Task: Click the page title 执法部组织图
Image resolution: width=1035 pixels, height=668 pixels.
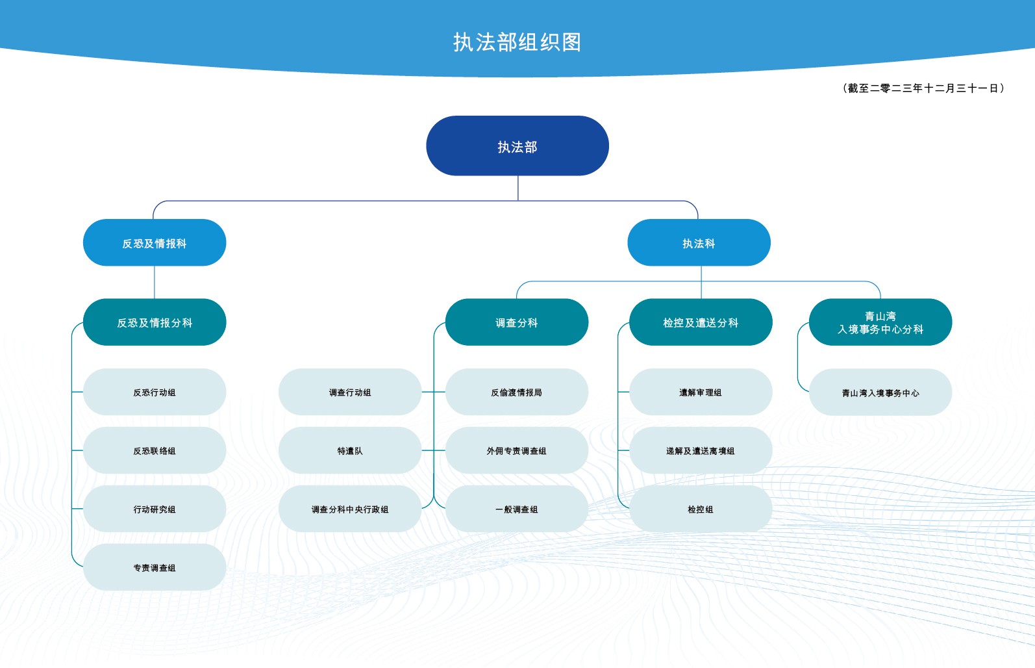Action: [517, 42]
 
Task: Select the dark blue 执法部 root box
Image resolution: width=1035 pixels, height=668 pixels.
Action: [517, 146]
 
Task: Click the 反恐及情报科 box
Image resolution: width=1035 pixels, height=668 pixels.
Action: [155, 242]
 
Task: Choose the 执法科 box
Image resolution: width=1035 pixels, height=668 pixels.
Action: [699, 242]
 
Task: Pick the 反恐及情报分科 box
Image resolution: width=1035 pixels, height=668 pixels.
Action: [155, 322]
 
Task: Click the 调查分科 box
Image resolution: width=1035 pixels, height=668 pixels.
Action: [517, 322]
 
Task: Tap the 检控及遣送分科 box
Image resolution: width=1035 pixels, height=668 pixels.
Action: [701, 322]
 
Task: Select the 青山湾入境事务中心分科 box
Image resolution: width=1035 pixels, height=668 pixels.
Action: [880, 322]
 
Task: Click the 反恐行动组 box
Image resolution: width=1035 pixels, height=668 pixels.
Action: [155, 392]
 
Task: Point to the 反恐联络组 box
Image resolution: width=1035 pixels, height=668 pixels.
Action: [155, 450]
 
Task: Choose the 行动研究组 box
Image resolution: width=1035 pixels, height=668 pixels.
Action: [155, 509]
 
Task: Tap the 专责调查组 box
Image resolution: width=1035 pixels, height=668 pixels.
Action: [155, 567]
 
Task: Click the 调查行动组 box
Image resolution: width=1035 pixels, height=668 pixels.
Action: [350, 392]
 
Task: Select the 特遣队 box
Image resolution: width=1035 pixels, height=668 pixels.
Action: [350, 450]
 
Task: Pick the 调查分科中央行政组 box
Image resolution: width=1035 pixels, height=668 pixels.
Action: [350, 509]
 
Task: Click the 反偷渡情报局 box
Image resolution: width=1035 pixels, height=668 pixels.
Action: [517, 392]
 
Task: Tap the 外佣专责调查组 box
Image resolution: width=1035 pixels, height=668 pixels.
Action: [517, 450]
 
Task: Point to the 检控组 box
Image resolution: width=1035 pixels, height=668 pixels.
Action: [701, 509]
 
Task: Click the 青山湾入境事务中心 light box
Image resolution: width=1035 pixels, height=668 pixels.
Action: [880, 392]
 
